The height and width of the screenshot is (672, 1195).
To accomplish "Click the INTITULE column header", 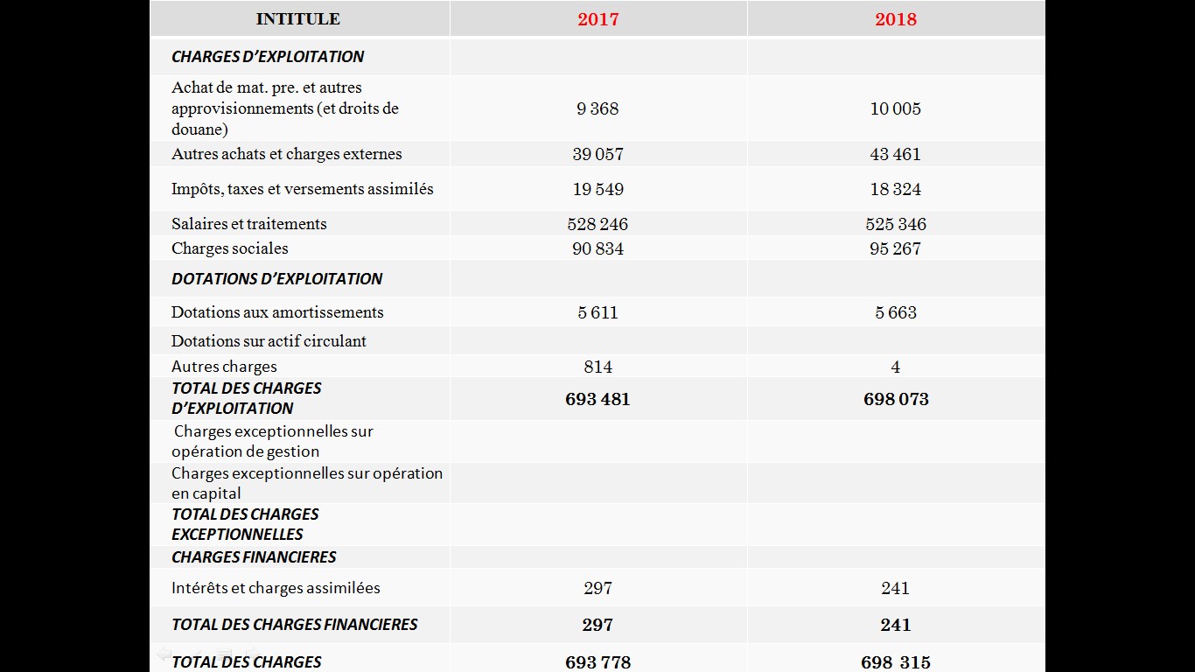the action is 297,18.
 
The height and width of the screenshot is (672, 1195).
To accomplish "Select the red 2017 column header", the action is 598,19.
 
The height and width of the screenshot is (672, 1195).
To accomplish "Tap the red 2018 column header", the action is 896,19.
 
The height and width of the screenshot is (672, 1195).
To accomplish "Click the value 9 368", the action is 597,108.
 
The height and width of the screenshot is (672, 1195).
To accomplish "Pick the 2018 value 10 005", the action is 896,108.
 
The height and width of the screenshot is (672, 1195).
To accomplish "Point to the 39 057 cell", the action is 598,154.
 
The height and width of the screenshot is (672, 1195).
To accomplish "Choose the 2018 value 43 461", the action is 896,154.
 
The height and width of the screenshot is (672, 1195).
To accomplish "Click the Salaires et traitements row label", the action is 249,224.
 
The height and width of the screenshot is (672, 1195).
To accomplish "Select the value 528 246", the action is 597,224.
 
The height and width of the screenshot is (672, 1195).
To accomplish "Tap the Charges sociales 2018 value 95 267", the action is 896,248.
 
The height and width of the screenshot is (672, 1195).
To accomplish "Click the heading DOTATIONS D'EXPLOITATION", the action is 276,278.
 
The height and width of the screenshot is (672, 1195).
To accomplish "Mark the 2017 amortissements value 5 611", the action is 598,312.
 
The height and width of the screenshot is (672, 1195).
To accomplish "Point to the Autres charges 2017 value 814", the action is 598,367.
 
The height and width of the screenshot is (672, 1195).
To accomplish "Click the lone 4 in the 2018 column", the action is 896,367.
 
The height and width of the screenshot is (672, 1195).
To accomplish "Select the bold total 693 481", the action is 597,399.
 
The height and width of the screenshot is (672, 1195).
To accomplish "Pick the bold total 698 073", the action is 896,399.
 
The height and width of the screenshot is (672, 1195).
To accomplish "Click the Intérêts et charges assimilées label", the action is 276,588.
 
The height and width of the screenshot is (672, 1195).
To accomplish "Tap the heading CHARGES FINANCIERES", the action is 254,557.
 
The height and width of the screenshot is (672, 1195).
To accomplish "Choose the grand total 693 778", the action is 598,662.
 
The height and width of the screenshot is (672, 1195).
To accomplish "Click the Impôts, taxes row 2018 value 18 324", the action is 896,189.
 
